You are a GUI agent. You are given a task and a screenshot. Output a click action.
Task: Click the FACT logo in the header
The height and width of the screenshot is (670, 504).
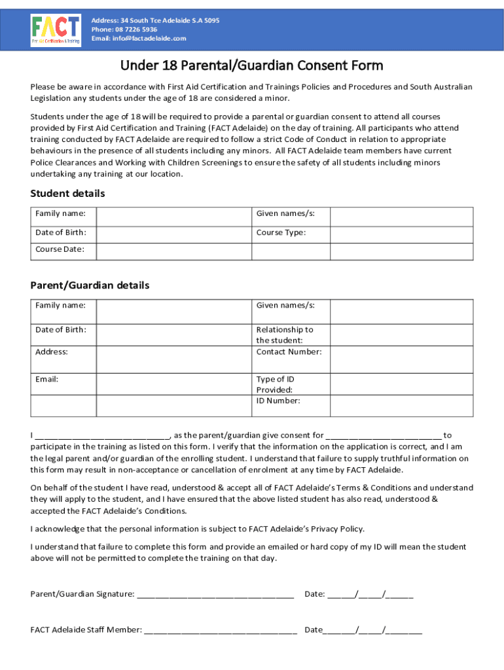[56, 30]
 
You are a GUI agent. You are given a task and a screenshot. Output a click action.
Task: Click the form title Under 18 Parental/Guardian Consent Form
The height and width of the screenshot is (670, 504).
[251, 65]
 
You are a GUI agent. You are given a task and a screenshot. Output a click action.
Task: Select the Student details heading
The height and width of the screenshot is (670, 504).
[67, 194]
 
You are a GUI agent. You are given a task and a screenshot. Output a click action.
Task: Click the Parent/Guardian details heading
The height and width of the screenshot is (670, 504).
[90, 286]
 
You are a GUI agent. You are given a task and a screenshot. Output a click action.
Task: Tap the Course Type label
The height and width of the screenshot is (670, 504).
[281, 233]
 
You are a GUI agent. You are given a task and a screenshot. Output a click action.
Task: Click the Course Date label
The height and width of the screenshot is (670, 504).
[56, 249]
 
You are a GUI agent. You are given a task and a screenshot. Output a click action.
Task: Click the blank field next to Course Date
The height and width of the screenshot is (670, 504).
[173, 251]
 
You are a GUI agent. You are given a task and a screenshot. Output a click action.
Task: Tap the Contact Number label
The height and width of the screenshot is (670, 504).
[289, 352]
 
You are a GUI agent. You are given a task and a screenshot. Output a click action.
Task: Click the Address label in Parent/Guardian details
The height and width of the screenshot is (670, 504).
[51, 352]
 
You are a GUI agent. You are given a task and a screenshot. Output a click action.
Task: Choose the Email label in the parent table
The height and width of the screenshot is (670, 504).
[47, 379]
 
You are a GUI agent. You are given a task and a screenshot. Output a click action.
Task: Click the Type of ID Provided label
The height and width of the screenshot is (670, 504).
[275, 385]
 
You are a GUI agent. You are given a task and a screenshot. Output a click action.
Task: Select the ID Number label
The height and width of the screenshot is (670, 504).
[278, 401]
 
